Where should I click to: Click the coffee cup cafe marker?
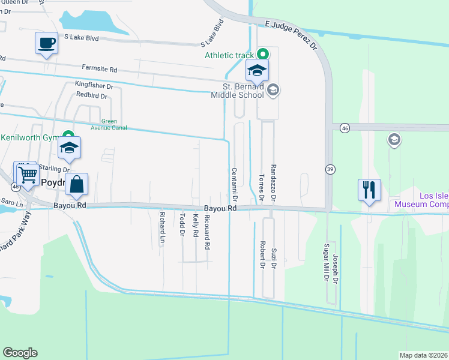(47, 43)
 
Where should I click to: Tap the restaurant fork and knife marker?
(369, 190)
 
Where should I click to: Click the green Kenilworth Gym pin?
(69, 137)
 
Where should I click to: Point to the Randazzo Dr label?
(273, 182)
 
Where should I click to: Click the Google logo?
(20, 353)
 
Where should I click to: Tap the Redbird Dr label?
(92, 95)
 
